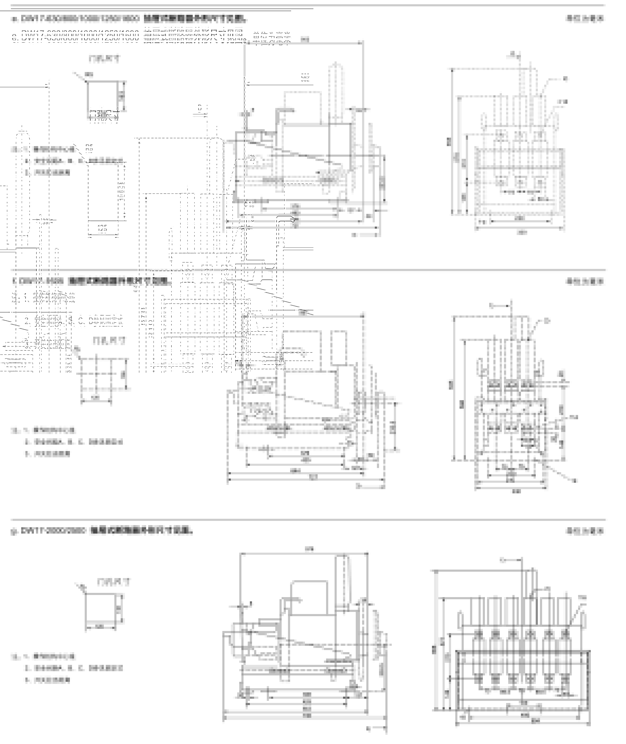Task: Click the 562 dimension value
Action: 305,78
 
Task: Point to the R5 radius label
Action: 89,148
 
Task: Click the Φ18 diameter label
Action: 250,204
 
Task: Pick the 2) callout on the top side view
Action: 252,159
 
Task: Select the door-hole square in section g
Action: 101,609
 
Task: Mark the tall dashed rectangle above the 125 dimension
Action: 103,191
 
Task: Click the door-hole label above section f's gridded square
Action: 109,341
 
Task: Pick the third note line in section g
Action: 48,680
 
